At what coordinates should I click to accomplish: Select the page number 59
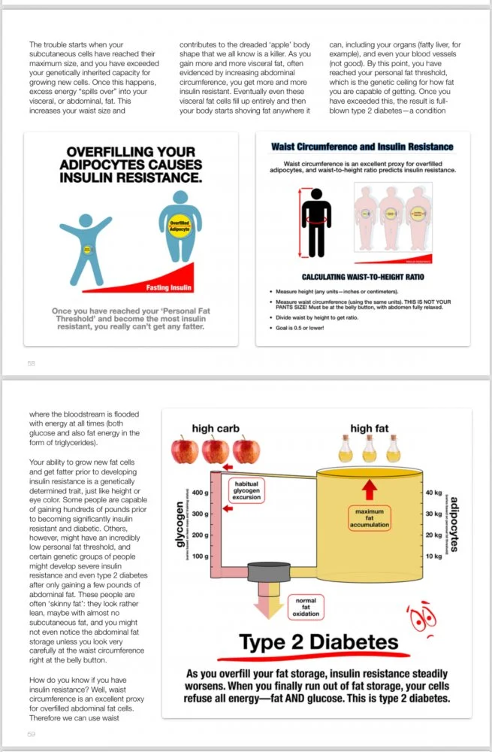tap(31, 735)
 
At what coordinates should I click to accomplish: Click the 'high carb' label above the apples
tap(215, 429)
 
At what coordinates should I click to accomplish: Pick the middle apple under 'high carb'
tap(215, 450)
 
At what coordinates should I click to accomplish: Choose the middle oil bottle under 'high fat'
tap(370, 449)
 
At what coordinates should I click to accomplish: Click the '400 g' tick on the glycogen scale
tap(200, 493)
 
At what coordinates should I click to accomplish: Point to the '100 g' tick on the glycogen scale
tap(200, 556)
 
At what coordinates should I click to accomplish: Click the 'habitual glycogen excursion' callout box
tap(247, 490)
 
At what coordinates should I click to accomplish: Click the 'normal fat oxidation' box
tap(306, 607)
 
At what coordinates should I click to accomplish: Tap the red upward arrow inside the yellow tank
tap(369, 489)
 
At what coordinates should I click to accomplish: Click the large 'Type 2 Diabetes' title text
tap(318, 642)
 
